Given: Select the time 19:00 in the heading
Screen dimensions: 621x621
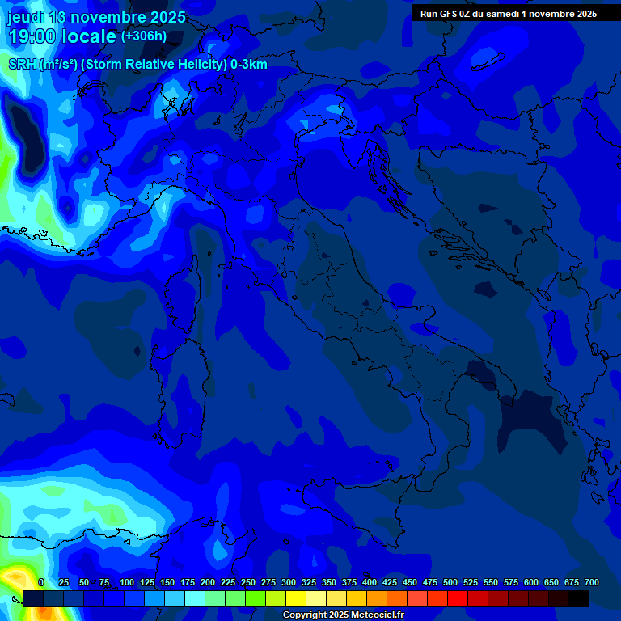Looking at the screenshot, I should coord(32,36).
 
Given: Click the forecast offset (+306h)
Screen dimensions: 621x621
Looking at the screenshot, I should coord(144,36).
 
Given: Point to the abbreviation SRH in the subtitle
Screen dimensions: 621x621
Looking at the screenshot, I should coord(22,65).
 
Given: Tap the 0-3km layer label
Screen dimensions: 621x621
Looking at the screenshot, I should coord(249,65).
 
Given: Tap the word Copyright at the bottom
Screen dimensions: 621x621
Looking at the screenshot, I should coord(304,615).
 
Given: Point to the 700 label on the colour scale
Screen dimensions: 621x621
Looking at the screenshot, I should coord(591,582).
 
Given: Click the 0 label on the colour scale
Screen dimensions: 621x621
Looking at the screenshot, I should coord(41,582).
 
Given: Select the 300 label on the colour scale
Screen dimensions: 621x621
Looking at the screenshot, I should coord(288,582).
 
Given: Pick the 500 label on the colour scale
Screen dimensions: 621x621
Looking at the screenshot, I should coord(450,582).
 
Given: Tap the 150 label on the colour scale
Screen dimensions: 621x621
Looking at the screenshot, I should coord(167,582).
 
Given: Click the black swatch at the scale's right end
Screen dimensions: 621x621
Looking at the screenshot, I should coord(579,598).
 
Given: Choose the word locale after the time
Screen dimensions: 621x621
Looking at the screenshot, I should coord(89,36).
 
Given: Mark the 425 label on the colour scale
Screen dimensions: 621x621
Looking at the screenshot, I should coord(389,582).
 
